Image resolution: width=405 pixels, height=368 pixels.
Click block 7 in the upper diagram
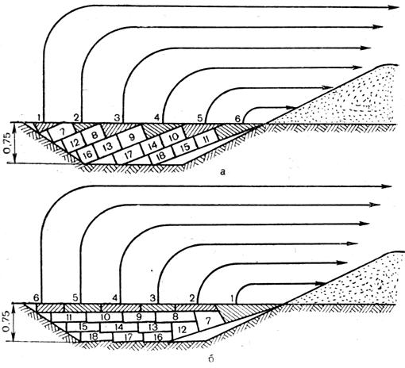(x=63, y=132)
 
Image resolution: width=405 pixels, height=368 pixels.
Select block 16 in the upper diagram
(x=87, y=154)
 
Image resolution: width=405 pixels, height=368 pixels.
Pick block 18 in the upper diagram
(x=162, y=156)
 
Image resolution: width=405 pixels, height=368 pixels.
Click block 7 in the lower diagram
(x=209, y=321)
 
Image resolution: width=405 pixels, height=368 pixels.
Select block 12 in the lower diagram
(x=183, y=329)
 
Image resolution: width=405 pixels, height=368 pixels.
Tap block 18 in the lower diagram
(x=94, y=336)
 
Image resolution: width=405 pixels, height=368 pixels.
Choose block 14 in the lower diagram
(x=119, y=327)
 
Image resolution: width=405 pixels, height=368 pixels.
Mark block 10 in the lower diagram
(x=105, y=317)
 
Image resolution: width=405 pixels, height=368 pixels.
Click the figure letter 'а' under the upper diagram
(x=223, y=172)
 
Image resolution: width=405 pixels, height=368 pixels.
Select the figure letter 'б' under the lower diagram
(x=211, y=359)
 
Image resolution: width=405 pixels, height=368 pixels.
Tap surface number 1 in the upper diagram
(x=39, y=117)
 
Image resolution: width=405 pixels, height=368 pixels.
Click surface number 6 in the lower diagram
(x=37, y=298)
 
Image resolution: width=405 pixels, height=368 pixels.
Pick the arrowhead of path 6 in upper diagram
(x=291, y=107)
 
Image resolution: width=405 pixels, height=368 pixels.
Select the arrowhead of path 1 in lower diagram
(x=321, y=284)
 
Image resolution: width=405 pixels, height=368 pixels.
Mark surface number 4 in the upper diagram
(x=156, y=117)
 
